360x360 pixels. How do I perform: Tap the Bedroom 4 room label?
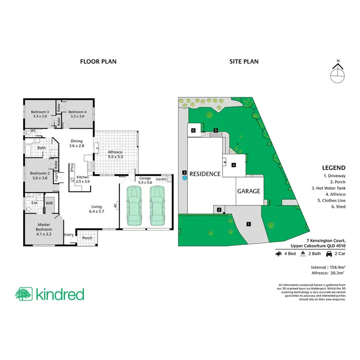77,113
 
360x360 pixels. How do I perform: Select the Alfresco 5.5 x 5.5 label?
115,154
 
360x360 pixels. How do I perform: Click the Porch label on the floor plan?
87,238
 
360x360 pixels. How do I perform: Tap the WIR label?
49,204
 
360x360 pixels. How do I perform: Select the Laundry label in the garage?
161,179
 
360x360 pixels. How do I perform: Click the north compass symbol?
338,73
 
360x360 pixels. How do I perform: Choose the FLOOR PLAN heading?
98,61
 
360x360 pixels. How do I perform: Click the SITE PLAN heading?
245,61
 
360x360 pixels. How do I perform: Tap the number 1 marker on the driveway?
249,224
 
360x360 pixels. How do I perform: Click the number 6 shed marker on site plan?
193,131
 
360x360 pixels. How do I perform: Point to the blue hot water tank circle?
184,178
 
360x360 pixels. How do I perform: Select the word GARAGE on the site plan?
249,191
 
